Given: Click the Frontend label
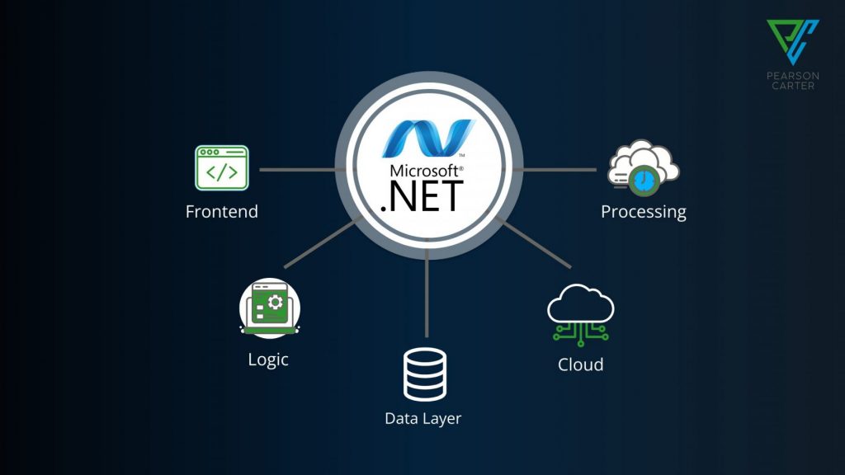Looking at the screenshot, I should pos(221,212).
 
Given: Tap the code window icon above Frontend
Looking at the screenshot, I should pos(221,169).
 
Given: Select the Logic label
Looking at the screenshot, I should pos(268,360).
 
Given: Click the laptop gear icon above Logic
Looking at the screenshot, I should pos(269,308).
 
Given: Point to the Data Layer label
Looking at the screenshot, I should pos(422,418).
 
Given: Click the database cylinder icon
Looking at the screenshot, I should pos(424,374).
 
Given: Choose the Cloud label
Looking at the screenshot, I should pos(580,364).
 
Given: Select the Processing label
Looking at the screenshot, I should pos(643,212).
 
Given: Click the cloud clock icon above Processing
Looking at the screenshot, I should pos(642,170).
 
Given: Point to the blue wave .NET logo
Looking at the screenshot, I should pos(427,139).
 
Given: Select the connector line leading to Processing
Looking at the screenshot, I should pos(557,169).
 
